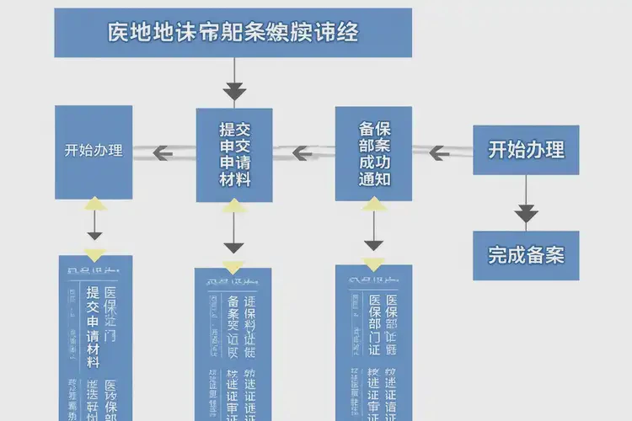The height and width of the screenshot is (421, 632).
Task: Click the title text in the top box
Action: pos(233,33)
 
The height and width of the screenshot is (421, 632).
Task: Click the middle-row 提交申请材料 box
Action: pos(233,154)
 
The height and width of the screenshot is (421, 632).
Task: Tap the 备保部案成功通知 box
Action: pos(373,153)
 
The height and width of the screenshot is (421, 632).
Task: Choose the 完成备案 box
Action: pos(525,255)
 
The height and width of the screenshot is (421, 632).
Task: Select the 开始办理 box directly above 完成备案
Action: pos(525,150)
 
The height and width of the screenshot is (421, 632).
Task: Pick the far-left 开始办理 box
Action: pos(94,152)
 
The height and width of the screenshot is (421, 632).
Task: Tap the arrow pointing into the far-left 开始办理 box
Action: pos(163,152)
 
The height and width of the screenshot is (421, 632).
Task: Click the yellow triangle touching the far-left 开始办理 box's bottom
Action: pos(94,204)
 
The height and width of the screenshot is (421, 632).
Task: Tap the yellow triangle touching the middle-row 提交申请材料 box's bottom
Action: pos(233,207)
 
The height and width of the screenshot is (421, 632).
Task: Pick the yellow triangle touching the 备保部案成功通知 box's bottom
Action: pos(373,205)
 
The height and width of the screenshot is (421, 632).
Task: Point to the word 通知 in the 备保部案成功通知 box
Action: pos(373,179)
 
